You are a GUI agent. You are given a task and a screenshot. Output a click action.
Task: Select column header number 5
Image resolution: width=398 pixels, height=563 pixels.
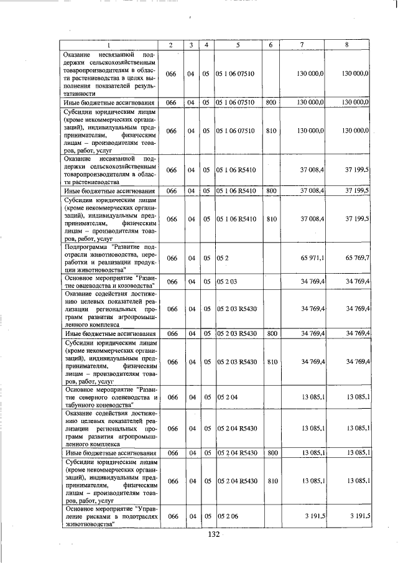tap(238, 45)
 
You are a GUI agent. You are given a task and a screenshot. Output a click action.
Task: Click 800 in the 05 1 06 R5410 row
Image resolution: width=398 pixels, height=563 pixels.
tap(271, 190)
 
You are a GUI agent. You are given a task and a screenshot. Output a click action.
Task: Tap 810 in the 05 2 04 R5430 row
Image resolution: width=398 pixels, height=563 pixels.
tap(271, 481)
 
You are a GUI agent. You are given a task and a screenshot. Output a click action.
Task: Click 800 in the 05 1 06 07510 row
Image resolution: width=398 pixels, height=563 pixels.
tap(271, 101)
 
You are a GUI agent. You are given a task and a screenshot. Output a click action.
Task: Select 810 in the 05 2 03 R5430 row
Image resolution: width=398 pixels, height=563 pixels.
tap(271, 361)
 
